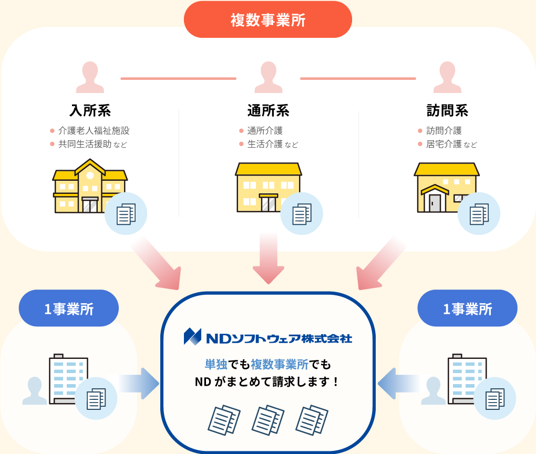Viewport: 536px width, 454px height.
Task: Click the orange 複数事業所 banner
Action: [267, 20]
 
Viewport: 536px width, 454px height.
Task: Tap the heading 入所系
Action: [90, 111]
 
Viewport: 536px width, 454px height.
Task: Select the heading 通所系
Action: [268, 111]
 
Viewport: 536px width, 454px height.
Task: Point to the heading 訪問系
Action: [447, 111]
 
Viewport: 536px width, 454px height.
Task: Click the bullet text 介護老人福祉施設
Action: [94, 130]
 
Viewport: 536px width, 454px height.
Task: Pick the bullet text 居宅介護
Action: [444, 143]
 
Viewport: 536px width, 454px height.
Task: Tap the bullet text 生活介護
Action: [265, 143]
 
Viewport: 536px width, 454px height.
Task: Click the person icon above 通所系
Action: [268, 77]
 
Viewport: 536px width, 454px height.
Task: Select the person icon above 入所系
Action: [90, 77]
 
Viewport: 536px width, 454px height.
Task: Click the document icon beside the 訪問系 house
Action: [478, 214]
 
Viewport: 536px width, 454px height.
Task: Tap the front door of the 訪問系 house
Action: [435, 203]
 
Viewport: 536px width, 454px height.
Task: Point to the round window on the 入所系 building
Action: [90, 175]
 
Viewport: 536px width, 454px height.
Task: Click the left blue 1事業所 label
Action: [69, 309]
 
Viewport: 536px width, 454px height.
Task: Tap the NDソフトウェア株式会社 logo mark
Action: [192, 336]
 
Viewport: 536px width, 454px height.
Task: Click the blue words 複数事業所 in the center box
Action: [279, 364]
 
